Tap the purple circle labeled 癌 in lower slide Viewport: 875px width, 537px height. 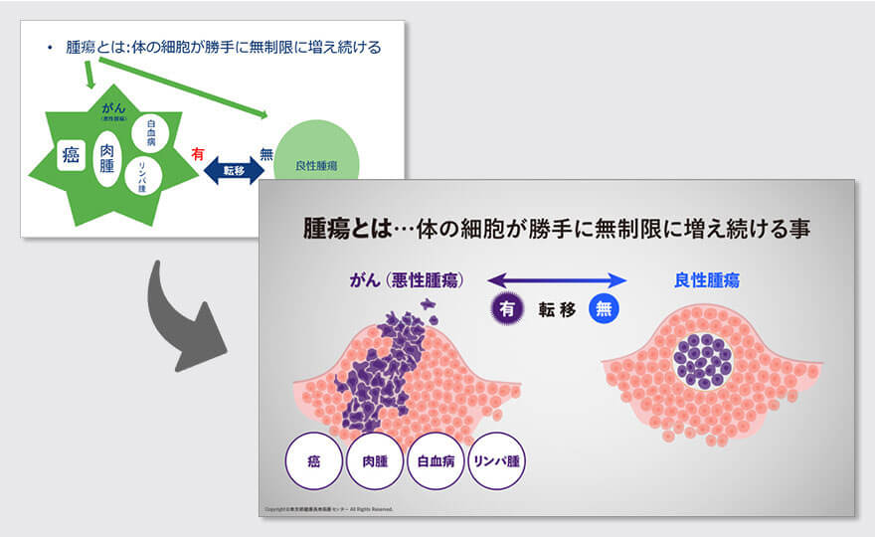tap(313, 462)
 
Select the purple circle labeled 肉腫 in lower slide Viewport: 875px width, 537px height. tap(375, 462)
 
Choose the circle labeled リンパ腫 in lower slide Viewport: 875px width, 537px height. tap(496, 462)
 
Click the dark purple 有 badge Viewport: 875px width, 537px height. tap(507, 308)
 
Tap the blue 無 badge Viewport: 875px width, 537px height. tap(604, 308)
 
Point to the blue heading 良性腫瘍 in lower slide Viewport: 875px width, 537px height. tap(707, 281)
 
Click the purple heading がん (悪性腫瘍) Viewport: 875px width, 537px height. tap(407, 281)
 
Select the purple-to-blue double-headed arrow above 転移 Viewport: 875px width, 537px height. tap(556, 280)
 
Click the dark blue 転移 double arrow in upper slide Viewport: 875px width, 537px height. tap(234, 170)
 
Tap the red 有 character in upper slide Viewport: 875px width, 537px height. tap(198, 153)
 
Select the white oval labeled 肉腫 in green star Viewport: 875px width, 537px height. tap(107, 159)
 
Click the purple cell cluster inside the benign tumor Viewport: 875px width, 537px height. tap(708, 359)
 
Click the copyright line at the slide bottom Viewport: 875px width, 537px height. tap(328, 509)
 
